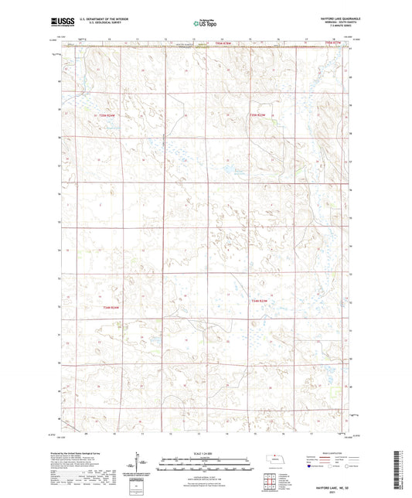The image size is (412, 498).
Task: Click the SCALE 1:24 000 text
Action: [x=206, y=453]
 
